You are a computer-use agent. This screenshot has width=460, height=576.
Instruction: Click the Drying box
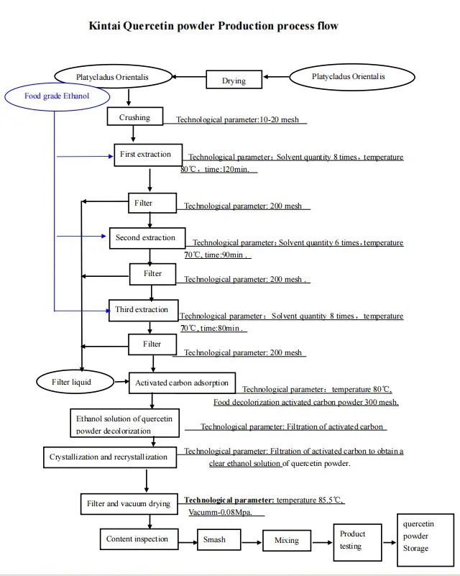pyautogui.click(x=234, y=81)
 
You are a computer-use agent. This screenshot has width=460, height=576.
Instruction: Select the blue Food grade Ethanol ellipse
pyautogui.click(x=57, y=96)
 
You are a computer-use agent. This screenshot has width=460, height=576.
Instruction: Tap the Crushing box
pyautogui.click(x=134, y=117)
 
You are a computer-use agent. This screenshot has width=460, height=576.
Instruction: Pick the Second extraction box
pyautogui.click(x=145, y=238)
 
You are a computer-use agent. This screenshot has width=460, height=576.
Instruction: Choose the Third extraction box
pyautogui.click(x=142, y=310)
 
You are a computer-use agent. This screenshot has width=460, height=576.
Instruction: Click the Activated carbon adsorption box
pyautogui.click(x=182, y=383)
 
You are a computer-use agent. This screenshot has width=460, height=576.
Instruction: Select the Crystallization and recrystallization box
pyautogui.click(x=108, y=457)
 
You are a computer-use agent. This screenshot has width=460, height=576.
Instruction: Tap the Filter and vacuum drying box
pyautogui.click(x=129, y=503)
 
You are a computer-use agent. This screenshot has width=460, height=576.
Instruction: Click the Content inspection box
pyautogui.click(x=137, y=539)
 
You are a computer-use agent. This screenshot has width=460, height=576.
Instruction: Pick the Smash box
pyautogui.click(x=214, y=539)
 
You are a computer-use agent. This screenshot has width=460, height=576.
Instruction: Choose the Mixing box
pyautogui.click(x=287, y=539)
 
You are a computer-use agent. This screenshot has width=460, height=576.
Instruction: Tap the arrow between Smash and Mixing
pyautogui.click(x=247, y=539)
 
